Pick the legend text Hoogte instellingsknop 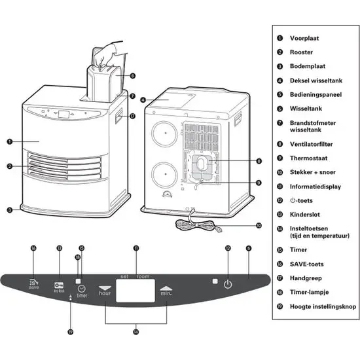[317, 306]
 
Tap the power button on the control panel [227, 285]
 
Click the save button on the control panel [33, 285]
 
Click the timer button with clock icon [81, 287]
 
